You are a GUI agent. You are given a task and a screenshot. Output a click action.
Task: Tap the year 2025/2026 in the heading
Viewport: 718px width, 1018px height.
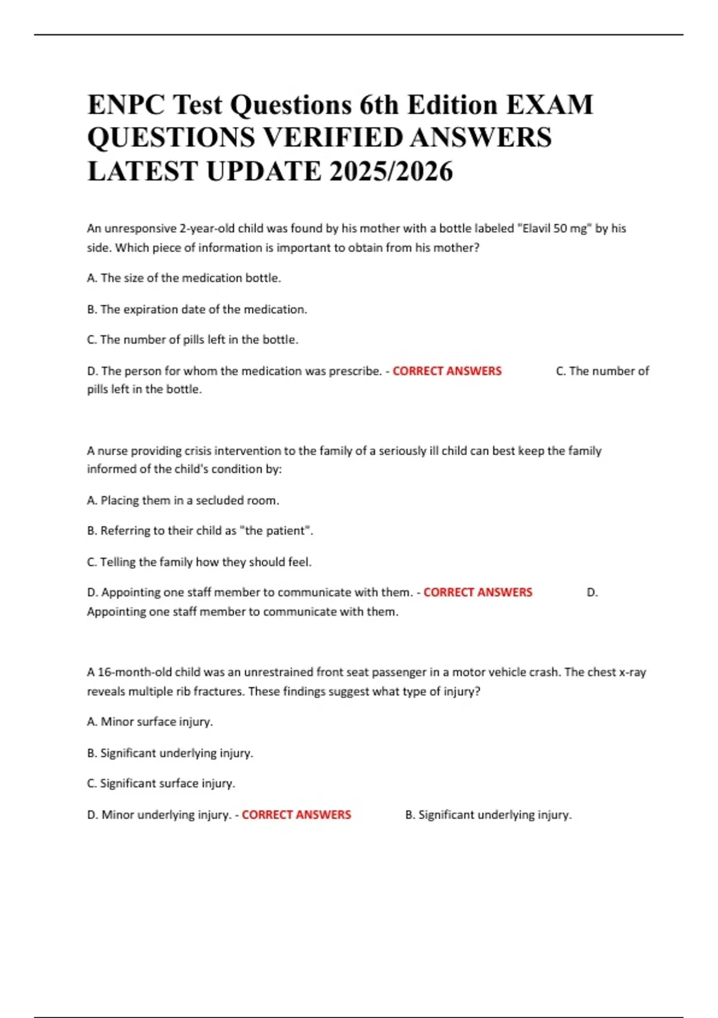pyautogui.click(x=391, y=171)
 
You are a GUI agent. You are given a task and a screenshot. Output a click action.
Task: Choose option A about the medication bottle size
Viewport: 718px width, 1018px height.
pyautogui.click(x=184, y=278)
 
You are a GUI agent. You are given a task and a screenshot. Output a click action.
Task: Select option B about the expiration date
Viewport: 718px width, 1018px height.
pyautogui.click(x=197, y=310)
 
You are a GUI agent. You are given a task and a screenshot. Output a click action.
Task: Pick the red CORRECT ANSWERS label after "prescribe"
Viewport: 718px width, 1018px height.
pyautogui.click(x=447, y=371)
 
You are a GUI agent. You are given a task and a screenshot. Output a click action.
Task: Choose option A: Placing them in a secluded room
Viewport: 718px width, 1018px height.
pyautogui.click(x=183, y=501)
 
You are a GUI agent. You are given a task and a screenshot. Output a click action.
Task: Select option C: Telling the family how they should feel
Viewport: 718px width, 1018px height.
pyautogui.click(x=199, y=562)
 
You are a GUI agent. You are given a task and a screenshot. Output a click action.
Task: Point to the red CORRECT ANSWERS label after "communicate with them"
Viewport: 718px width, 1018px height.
pyautogui.click(x=477, y=592)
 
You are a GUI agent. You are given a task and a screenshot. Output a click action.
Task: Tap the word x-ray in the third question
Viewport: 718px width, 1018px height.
pyautogui.click(x=632, y=672)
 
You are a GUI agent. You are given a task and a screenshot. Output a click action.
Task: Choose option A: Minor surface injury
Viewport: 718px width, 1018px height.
pyautogui.click(x=150, y=722)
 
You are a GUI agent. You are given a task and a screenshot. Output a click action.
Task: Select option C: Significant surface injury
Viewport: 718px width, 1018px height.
pyautogui.click(x=161, y=784)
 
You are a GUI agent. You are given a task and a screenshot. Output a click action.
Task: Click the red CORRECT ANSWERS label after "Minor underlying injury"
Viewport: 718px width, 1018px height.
pyautogui.click(x=296, y=815)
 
